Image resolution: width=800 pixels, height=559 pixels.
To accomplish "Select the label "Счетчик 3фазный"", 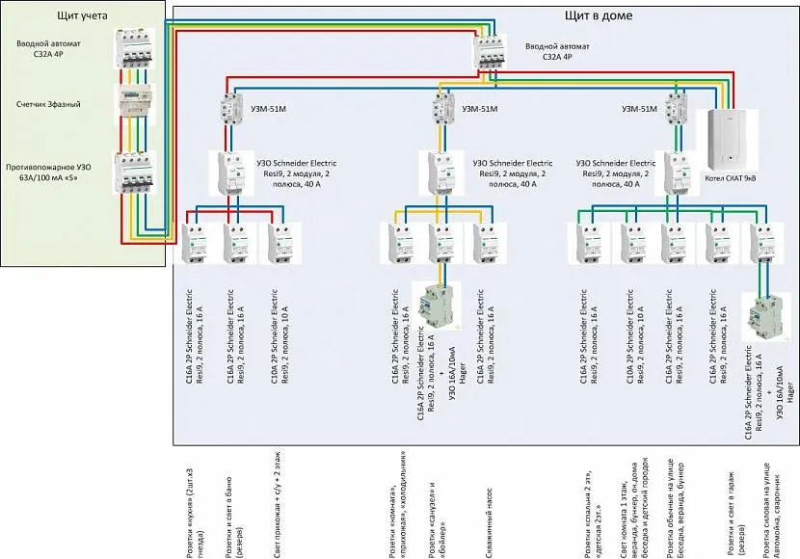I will point(48,102).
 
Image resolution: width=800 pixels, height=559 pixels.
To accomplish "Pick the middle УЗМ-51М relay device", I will point(443,107).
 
